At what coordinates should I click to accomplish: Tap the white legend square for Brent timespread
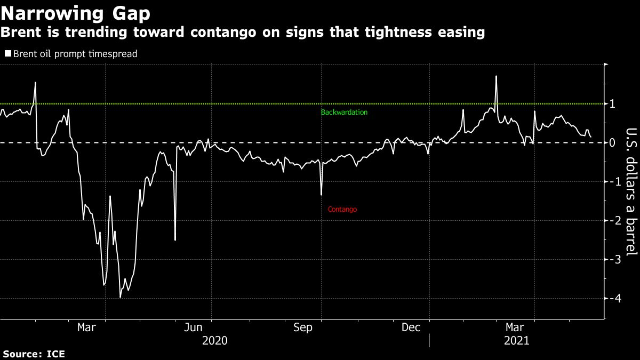8,53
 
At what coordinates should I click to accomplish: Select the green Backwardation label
344,113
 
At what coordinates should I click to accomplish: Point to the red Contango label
342,210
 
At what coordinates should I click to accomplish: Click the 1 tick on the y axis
612,103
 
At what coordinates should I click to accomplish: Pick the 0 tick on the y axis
612,142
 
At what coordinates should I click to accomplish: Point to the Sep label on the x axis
303,327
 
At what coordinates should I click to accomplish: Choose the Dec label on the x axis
411,327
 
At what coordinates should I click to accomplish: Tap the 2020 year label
214,340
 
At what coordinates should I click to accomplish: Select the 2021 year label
516,340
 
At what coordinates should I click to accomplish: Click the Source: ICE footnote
34,354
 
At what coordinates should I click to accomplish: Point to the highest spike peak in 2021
496,76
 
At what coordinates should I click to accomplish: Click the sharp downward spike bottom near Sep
321,195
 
